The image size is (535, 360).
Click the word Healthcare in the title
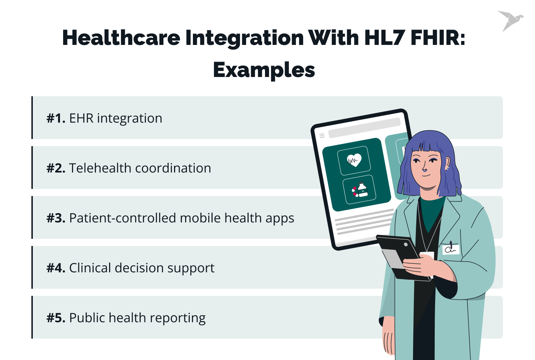pos(121,38)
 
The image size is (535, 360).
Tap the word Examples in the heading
pos(264,70)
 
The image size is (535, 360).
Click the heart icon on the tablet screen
pos(354,160)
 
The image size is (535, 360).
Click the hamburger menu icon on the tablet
pos(322,135)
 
